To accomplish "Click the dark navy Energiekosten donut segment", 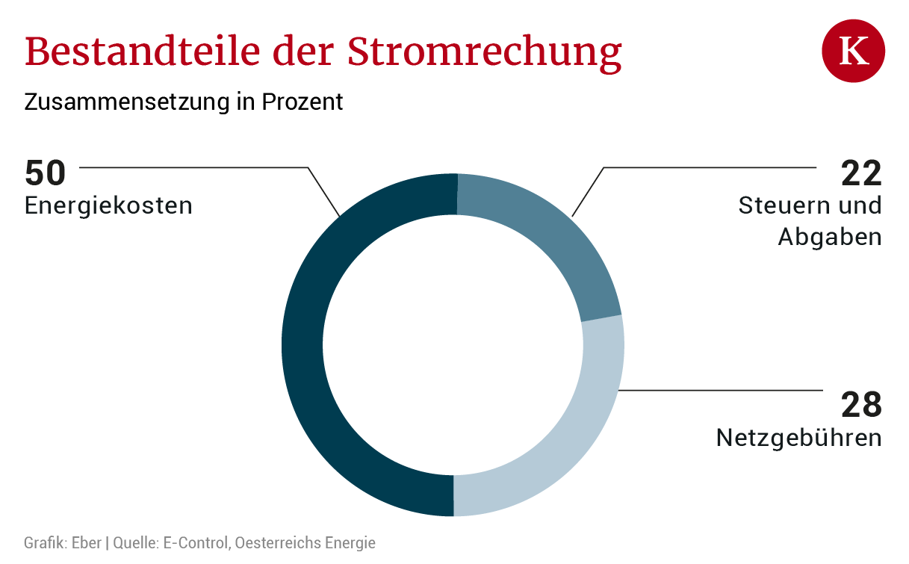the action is (x=303, y=345).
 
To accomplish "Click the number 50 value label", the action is (x=45, y=173).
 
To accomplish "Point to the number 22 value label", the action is (x=861, y=173).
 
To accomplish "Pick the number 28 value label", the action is (x=861, y=405).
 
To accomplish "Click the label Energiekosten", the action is (x=108, y=205).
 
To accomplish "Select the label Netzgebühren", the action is (x=799, y=439).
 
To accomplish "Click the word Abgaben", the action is (x=830, y=237).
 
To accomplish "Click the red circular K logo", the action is (x=854, y=51).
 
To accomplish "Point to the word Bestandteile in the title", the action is (x=143, y=52).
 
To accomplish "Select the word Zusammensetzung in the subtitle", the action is (x=127, y=102).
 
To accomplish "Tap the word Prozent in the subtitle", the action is (x=303, y=102).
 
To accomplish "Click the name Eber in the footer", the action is (x=87, y=542).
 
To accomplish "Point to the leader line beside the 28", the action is (x=721, y=391).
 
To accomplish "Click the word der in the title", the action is (x=303, y=52).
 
